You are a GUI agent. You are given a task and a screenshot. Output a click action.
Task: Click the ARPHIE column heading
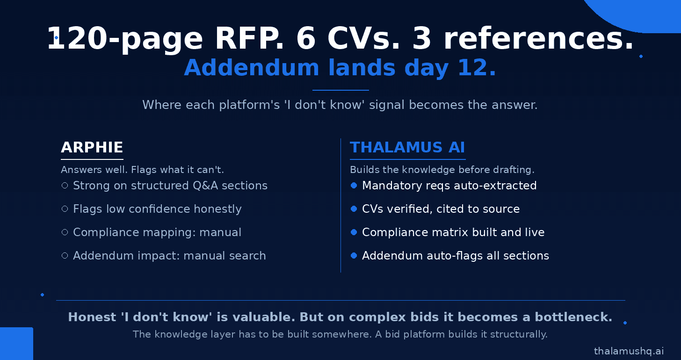(92, 147)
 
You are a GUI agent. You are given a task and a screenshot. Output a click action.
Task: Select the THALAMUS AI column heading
(407, 147)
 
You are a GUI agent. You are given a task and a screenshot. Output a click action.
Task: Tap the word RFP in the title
(249, 39)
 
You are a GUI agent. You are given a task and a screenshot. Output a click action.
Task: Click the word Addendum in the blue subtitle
(252, 67)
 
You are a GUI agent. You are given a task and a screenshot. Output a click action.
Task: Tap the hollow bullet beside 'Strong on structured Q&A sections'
(65, 185)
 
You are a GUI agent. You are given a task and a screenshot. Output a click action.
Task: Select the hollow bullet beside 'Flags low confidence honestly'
(65, 209)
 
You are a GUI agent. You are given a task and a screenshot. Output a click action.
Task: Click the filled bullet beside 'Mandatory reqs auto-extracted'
(354, 185)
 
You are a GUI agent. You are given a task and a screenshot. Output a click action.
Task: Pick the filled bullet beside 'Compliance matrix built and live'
(354, 232)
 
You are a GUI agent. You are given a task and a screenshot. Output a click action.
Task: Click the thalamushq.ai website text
(629, 351)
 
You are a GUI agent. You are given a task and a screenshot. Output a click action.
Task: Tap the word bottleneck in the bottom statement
(573, 317)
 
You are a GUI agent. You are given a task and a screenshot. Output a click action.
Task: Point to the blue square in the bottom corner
(16, 344)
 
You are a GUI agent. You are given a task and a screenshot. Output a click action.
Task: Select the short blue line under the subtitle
(340, 90)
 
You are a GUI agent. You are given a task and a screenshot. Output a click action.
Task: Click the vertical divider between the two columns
(340, 205)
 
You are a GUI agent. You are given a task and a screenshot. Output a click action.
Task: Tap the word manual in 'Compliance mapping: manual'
(220, 232)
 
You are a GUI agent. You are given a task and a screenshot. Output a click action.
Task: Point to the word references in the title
(538, 39)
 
